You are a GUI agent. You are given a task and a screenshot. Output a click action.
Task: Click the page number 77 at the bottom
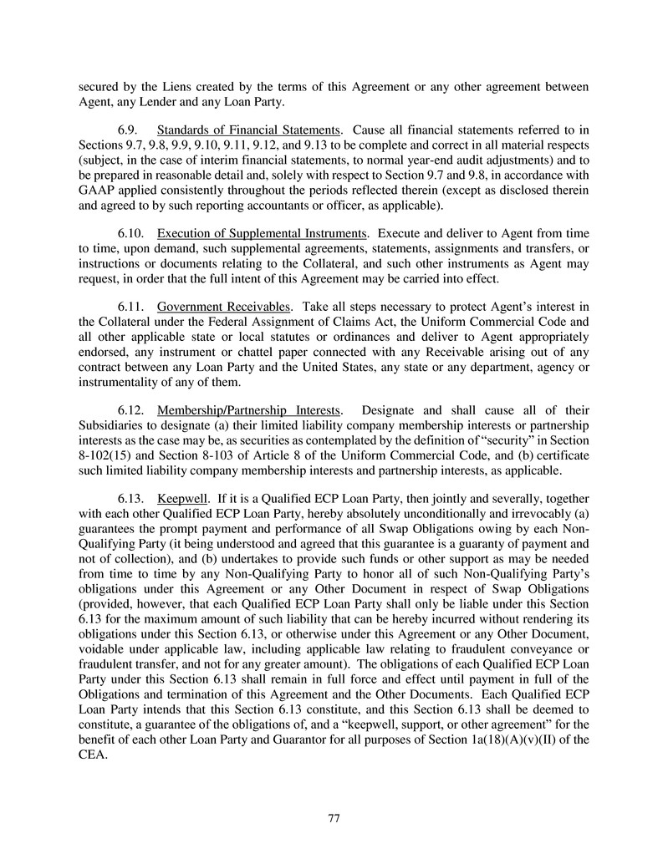[334, 818]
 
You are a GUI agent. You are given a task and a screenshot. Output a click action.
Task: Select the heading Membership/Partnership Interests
[249, 410]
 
